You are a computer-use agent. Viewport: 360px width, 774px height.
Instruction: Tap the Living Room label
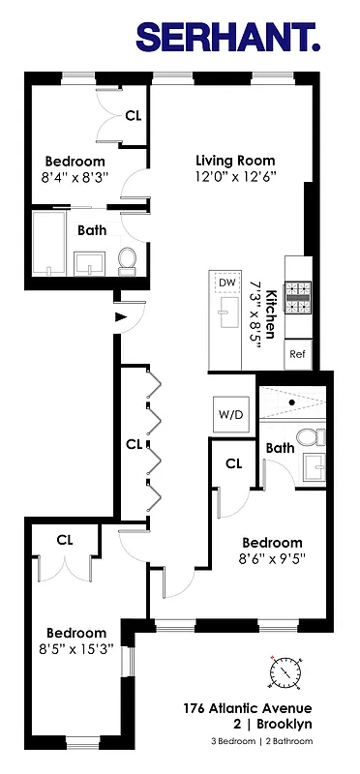[235, 161]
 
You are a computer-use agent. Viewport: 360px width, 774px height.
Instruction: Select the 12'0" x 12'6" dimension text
[236, 177]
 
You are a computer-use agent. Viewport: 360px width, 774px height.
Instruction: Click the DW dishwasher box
[227, 282]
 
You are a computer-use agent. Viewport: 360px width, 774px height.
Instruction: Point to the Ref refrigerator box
[297, 354]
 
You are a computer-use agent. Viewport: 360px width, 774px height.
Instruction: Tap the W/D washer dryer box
[230, 414]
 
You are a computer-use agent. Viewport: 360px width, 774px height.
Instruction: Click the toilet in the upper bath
[126, 258]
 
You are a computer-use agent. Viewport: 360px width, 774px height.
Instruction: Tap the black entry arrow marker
[120, 316]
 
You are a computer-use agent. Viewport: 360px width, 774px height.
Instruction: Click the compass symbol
[285, 670]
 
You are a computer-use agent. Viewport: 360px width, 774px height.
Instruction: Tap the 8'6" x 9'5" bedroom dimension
[271, 558]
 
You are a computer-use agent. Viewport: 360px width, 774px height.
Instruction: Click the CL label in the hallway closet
[133, 444]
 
